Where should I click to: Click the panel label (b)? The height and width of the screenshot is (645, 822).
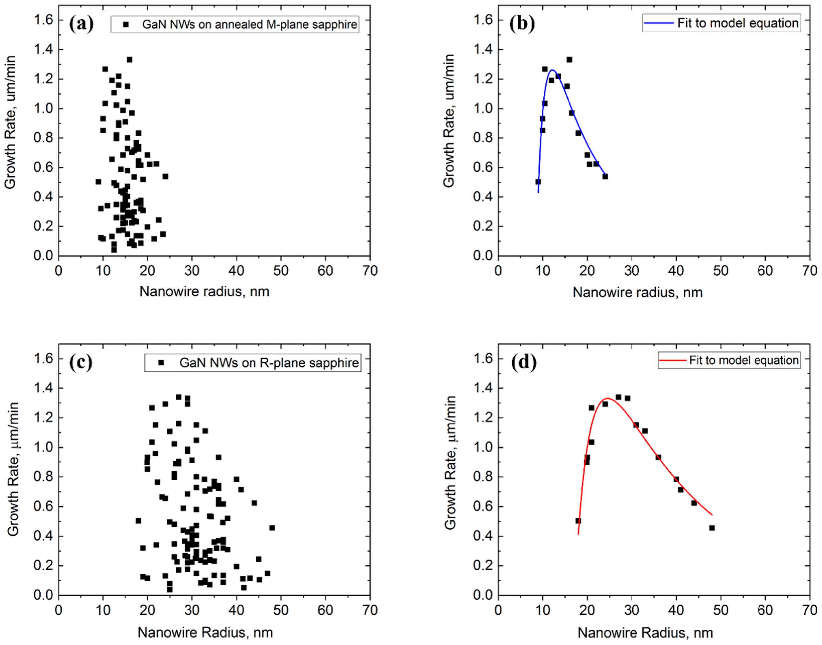click(522, 24)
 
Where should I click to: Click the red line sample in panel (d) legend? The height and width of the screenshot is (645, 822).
click(673, 360)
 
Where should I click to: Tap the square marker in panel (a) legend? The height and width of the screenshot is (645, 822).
click(126, 25)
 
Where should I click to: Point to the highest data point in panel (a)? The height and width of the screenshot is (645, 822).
click(129, 60)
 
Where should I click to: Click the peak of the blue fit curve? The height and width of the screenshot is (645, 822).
click(553, 70)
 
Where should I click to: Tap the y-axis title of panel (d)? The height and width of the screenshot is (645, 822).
click(450, 463)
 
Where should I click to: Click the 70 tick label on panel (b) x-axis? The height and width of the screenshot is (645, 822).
click(809, 271)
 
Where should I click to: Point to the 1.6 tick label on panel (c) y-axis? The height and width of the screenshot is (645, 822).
click(43, 358)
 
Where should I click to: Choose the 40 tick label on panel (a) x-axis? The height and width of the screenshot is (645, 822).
click(236, 271)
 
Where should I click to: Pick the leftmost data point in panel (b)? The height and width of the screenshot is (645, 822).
click(538, 182)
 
